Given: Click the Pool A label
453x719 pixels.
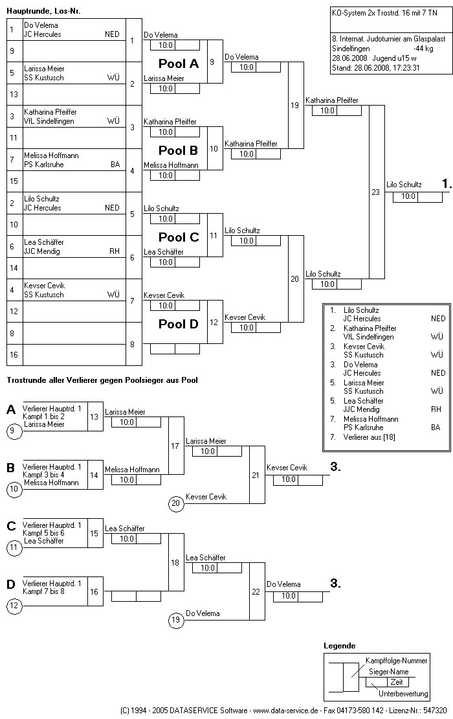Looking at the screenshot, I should tap(179, 63).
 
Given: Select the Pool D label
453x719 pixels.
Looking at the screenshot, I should tap(179, 324).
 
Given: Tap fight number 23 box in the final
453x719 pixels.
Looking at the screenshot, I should tap(375, 192).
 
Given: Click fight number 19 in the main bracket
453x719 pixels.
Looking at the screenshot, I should tap(294, 105).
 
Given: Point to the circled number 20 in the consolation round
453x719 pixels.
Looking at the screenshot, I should tap(175, 503).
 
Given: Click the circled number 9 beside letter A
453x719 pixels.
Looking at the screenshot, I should tap(15, 429).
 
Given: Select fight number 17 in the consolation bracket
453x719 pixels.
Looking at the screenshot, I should tap(175, 446).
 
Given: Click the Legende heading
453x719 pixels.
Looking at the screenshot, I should tap(339, 646).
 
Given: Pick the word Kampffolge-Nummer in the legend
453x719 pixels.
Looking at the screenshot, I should tap(396, 661).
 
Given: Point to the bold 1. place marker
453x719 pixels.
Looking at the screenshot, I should tap(446, 185).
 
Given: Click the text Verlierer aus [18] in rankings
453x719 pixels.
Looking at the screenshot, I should tap(372, 437).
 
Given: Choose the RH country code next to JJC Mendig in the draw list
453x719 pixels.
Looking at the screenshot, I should tap(114, 251).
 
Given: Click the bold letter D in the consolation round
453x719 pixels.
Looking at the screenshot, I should tap(11, 584).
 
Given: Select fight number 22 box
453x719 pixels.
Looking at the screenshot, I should tap(256, 591).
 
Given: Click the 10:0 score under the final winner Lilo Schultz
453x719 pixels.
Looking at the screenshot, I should tap(408, 197).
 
